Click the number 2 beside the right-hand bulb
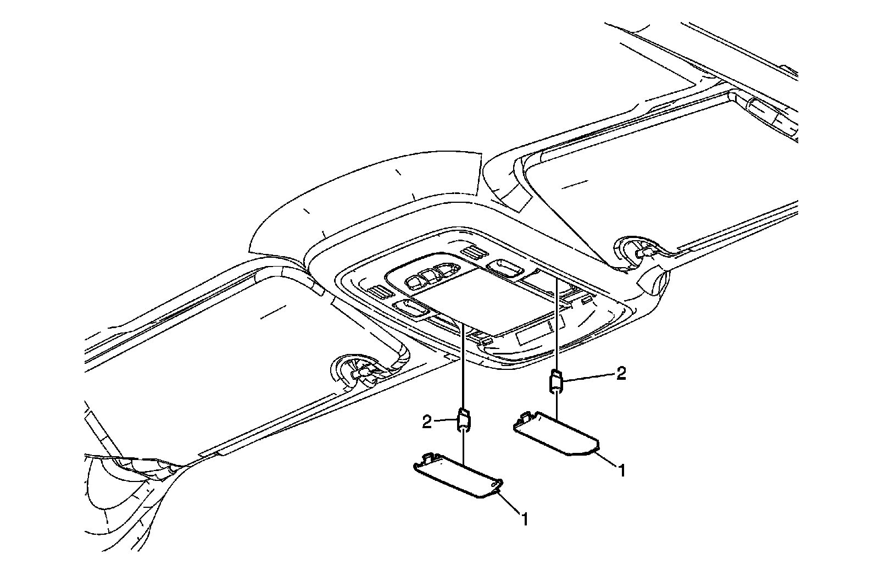pos(621,374)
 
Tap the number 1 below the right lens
pos(621,470)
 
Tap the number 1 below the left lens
pos(525,518)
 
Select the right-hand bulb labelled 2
pos(557,381)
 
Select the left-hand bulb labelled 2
pos(464,420)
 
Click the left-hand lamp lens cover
pos(459,476)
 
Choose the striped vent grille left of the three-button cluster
pos(379,292)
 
